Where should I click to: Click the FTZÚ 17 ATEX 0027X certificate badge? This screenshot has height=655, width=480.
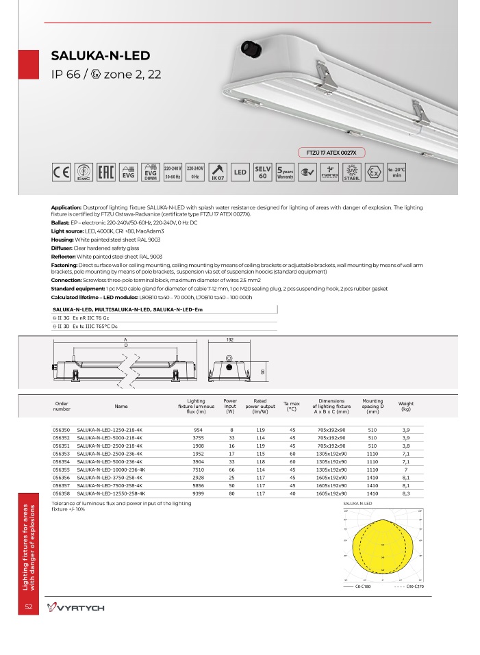click(332, 151)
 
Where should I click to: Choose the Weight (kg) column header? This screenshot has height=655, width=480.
click(405, 407)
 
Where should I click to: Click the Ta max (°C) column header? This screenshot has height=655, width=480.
click(292, 407)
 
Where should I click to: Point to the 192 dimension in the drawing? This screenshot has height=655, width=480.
click(230, 339)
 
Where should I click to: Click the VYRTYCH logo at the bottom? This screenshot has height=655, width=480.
click(75, 608)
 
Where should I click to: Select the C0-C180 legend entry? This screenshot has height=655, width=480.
click(358, 587)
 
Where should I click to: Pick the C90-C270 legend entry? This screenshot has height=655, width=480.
click(410, 587)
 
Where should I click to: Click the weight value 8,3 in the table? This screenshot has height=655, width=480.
click(405, 493)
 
